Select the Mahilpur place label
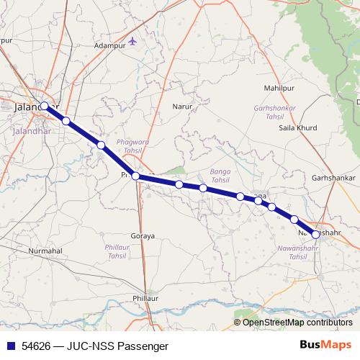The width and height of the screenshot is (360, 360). click(x=280, y=88)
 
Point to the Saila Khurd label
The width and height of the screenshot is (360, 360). click(x=297, y=128)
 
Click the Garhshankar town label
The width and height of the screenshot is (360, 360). click(x=334, y=177)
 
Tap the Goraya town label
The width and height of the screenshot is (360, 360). click(x=143, y=236)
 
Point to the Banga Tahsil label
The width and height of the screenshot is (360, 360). click(x=219, y=175)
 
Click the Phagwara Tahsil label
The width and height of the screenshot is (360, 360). click(x=133, y=147)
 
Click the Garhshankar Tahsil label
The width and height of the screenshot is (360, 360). click(x=274, y=112)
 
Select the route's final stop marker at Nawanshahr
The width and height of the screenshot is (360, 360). click(x=315, y=234)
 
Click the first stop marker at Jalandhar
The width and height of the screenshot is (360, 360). click(x=45, y=106)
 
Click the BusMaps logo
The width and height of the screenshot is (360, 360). click(x=325, y=346)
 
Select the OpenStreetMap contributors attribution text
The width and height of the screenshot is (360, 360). click(x=297, y=323)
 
